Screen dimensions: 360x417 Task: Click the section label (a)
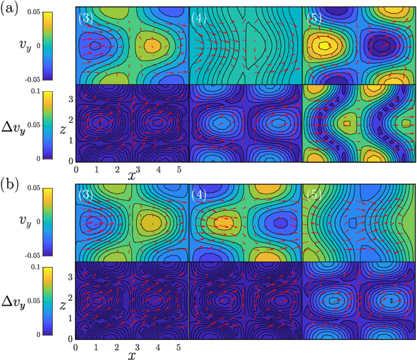pyautogui.click(x=10, y=9)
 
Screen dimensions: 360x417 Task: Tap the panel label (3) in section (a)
pyautogui.click(x=85, y=18)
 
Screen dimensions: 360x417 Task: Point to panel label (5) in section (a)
pyautogui.click(x=314, y=18)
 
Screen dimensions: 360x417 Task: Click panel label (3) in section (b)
pyautogui.click(x=85, y=194)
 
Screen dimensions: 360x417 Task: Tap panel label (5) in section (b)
pyautogui.click(x=314, y=194)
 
